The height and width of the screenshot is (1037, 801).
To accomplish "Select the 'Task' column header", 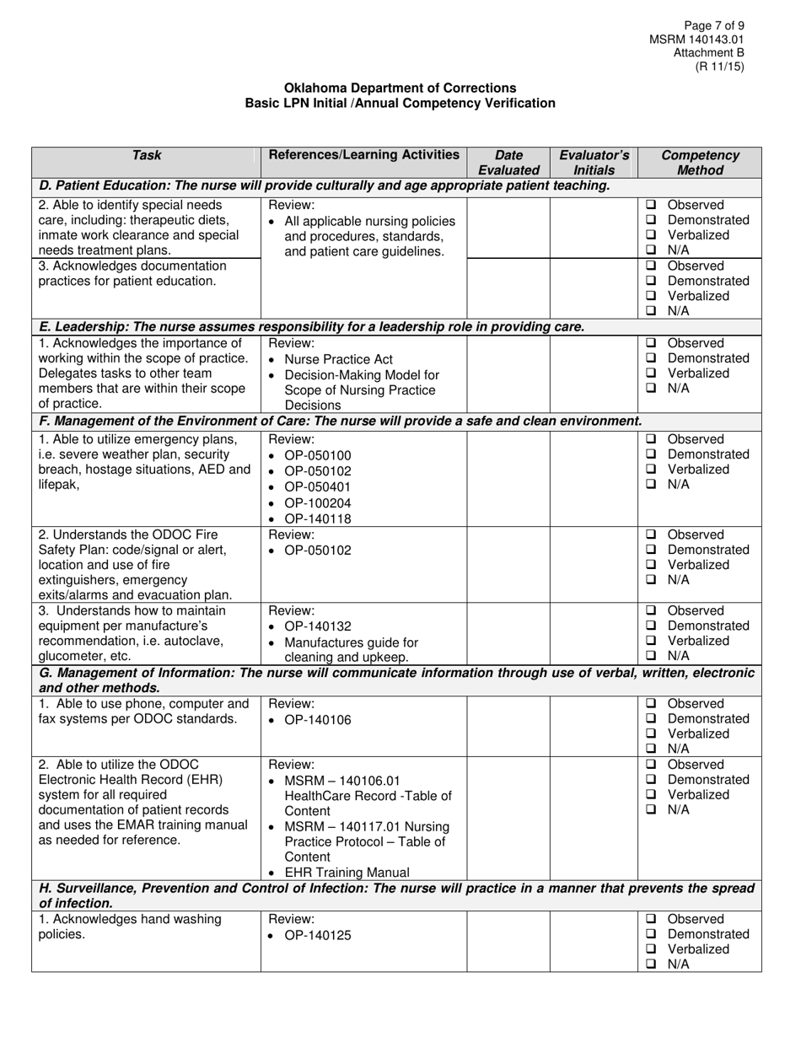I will pyautogui.click(x=147, y=155).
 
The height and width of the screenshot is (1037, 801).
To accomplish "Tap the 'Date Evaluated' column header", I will pyautogui.click(x=508, y=163).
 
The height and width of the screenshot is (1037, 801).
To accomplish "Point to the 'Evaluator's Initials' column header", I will pyautogui.click(x=594, y=163).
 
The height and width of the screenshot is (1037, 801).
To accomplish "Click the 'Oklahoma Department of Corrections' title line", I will pyautogui.click(x=400, y=88).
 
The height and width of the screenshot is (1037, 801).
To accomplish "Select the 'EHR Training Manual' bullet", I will pyautogui.click(x=347, y=873).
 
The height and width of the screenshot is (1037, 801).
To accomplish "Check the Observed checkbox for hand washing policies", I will pyautogui.click(x=651, y=920).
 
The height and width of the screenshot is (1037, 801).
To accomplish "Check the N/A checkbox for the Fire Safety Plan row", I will pyautogui.click(x=651, y=580).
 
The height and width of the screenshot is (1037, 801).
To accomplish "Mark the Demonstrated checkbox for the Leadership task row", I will pyautogui.click(x=651, y=358).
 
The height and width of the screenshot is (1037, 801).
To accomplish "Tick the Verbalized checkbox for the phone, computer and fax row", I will pyautogui.click(x=651, y=733).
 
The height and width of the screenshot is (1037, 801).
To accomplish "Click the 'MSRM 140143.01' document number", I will pyautogui.click(x=696, y=40).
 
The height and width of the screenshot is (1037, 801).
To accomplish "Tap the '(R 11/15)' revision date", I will pyautogui.click(x=719, y=67).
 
